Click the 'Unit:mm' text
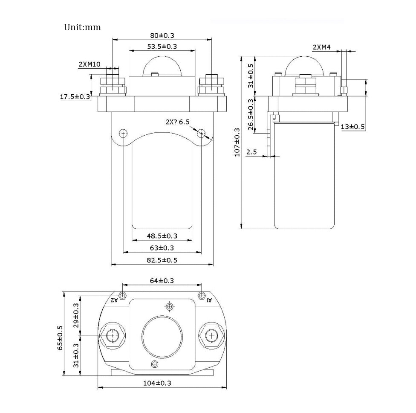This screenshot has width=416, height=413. click(x=82, y=27)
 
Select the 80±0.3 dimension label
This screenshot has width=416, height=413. click(x=162, y=35)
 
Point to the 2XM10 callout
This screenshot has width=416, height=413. click(x=90, y=64)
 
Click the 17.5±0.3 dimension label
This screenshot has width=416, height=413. click(x=75, y=97)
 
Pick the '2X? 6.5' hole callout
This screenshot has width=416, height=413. click(x=177, y=122)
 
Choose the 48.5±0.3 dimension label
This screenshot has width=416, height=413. click(x=162, y=236)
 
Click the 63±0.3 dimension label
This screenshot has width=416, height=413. click(x=162, y=248)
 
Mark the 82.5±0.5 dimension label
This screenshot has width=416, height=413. click(x=162, y=260)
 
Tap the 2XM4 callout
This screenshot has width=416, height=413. click(x=322, y=47)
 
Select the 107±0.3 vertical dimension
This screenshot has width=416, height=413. click(x=237, y=142)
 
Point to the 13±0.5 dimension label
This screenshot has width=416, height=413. click(x=353, y=127)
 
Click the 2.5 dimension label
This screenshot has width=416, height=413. click(x=251, y=152)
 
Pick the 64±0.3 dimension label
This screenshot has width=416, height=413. click(x=162, y=280)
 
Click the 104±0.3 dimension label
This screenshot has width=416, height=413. click(x=162, y=383)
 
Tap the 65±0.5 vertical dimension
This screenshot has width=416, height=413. click(x=60, y=337)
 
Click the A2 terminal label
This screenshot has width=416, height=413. click(x=114, y=300)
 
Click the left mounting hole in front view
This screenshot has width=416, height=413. click(x=123, y=133)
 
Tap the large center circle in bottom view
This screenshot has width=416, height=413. click(x=162, y=336)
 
